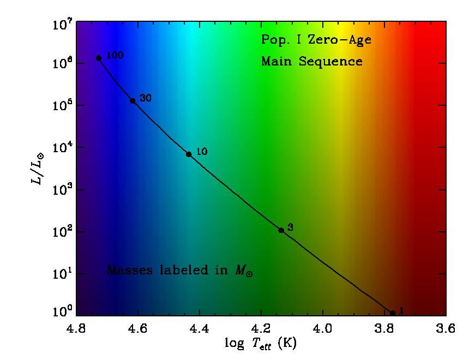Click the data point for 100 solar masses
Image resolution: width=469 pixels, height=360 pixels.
pyautogui.click(x=99, y=58)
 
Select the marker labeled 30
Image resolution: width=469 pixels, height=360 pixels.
pyautogui.click(x=133, y=100)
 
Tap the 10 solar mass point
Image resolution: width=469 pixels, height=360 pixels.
pyautogui.click(x=189, y=154)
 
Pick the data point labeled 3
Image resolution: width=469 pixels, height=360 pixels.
pyautogui.click(x=281, y=230)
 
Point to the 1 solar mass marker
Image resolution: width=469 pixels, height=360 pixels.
pyautogui.click(x=393, y=313)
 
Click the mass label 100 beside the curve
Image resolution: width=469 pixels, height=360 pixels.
pyautogui.click(x=116, y=55)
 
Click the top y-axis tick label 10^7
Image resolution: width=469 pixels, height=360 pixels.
pyautogui.click(x=61, y=24)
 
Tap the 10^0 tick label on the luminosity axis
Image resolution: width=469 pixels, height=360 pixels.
pyautogui.click(x=61, y=313)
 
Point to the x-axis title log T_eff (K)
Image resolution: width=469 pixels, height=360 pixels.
pyautogui.click(x=261, y=344)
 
